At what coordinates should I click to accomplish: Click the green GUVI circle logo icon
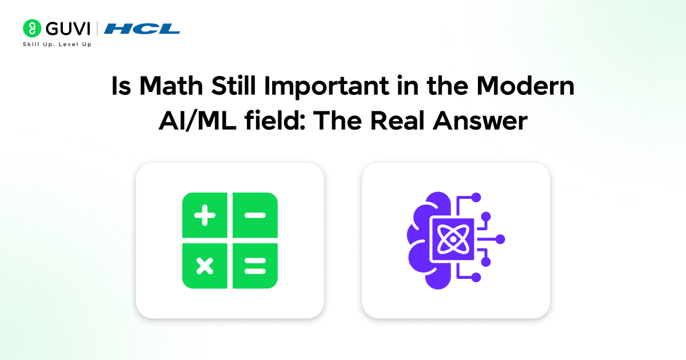(x=31, y=28)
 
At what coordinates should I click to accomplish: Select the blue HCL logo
(x=142, y=28)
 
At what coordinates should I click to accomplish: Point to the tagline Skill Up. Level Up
(x=57, y=44)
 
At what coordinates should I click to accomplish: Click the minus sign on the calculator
(x=255, y=215)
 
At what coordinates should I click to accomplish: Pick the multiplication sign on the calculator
(x=204, y=265)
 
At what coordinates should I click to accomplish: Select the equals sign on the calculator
(x=255, y=265)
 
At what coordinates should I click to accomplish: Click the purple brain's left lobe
(x=420, y=240)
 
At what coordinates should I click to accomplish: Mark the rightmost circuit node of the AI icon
(x=500, y=239)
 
